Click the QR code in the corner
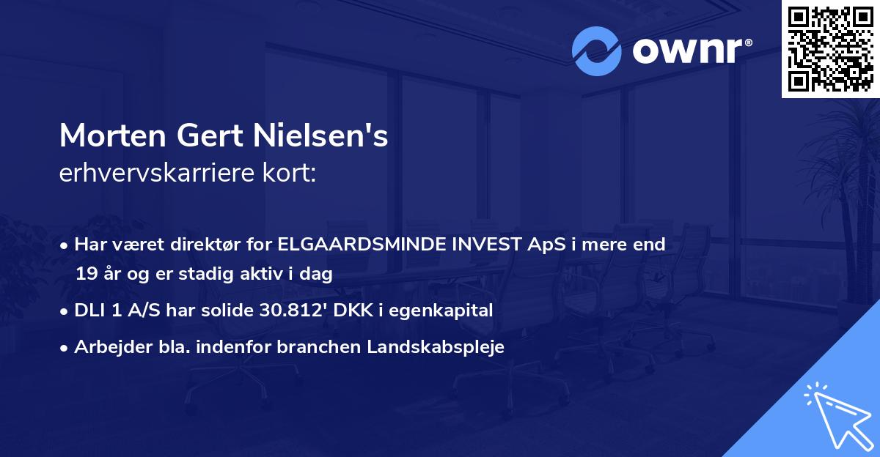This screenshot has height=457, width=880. click(x=830, y=48)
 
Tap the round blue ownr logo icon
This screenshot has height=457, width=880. click(x=597, y=51)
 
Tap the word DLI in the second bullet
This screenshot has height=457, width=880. click(x=89, y=311)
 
